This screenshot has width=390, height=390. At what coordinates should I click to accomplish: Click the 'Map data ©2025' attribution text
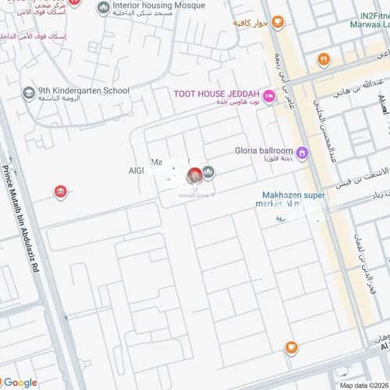(x=362, y=385)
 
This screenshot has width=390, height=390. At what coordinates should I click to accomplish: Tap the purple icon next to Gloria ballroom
(x=302, y=152)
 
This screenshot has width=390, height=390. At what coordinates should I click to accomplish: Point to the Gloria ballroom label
(x=262, y=151)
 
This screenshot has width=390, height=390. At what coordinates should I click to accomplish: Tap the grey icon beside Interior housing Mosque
(x=103, y=8)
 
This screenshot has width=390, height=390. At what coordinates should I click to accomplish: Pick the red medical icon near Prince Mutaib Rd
(x=59, y=191)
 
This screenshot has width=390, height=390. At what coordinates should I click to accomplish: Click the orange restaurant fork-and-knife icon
(x=322, y=58)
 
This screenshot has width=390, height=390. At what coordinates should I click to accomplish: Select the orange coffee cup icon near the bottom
(x=290, y=346)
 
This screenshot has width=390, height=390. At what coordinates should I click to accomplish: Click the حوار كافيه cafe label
(x=248, y=23)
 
